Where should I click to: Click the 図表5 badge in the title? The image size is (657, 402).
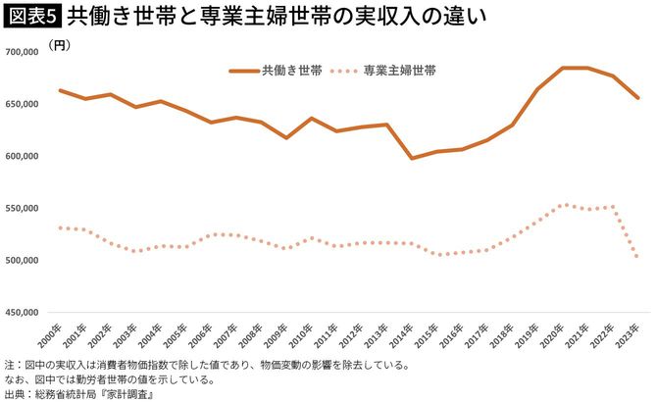click(31, 18)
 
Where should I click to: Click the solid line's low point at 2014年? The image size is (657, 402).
click(412, 158)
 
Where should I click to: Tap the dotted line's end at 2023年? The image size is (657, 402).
click(638, 258)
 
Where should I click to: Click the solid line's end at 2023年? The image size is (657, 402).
click(638, 98)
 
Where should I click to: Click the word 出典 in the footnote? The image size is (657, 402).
click(15, 392)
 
